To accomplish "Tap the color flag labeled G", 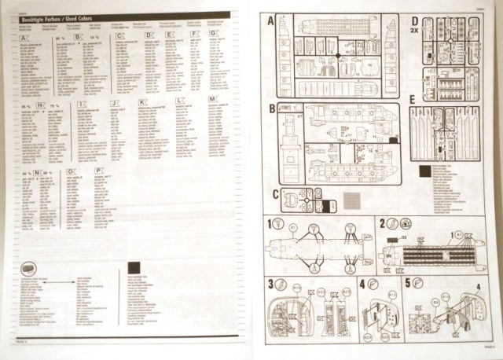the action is tap(212, 35).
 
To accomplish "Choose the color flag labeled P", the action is tap(98, 170).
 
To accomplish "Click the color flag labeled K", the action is tap(142, 101).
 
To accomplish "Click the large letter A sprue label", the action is tap(271, 20).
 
